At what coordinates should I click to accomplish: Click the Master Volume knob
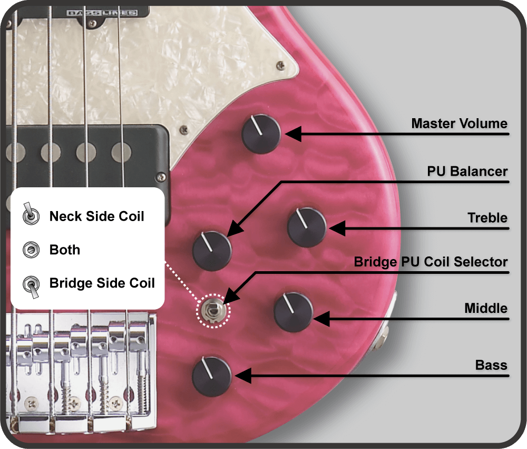click(x=261, y=134)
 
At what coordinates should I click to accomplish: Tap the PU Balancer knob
click(x=212, y=251)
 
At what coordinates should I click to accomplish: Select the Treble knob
click(x=307, y=227)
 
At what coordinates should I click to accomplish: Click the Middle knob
click(x=294, y=312)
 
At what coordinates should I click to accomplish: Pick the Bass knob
click(x=212, y=376)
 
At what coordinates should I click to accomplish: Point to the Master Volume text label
click(x=459, y=123)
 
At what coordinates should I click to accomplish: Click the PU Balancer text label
click(x=467, y=171)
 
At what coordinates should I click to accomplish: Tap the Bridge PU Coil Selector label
click(x=431, y=262)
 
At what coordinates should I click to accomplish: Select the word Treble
click(x=487, y=218)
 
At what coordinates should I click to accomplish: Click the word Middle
click(x=486, y=308)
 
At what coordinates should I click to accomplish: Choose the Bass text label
click(x=491, y=365)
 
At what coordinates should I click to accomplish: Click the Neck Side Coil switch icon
click(x=31, y=214)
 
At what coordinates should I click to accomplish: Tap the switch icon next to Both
click(x=31, y=250)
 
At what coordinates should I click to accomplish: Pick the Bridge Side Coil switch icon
click(x=31, y=286)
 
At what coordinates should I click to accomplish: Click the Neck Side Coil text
click(x=97, y=216)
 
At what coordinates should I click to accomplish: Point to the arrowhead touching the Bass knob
click(x=243, y=376)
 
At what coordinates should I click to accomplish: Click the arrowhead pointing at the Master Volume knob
click(x=293, y=134)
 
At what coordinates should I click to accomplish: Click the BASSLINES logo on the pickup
click(x=102, y=13)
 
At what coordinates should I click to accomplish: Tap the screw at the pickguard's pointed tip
click(x=280, y=65)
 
